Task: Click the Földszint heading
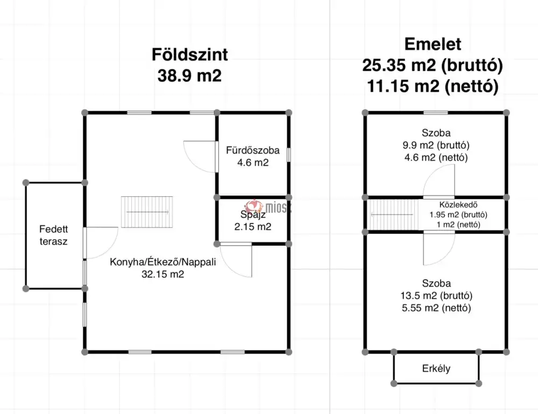pos(189,55)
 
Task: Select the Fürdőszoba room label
pos(253,151)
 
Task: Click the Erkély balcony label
pos(436,369)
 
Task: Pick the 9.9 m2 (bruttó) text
pos(436,145)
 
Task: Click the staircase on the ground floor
pos(147,212)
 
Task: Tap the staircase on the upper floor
pos(393,215)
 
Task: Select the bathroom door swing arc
pos(200,156)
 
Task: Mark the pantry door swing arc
pos(237,260)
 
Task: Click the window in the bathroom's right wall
pos(289,154)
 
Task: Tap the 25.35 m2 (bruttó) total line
pos(433,66)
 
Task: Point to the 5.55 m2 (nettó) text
pos(436,308)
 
